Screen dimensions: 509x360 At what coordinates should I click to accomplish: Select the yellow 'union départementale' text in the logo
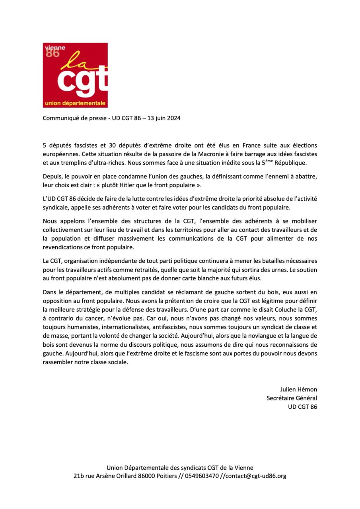75,104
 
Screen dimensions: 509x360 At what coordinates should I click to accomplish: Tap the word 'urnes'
237,270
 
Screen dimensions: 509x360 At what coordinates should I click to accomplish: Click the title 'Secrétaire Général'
292,398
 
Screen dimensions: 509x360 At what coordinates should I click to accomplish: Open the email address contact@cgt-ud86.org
256,476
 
